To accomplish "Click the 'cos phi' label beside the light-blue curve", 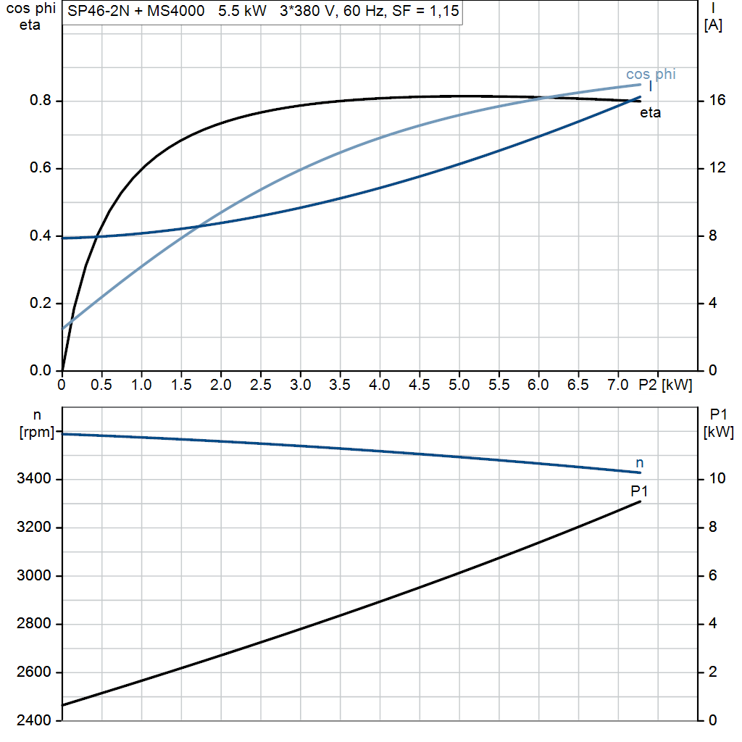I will (x=651, y=74).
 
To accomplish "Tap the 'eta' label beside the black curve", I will (x=650, y=113).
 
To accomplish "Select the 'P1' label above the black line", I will (x=639, y=491).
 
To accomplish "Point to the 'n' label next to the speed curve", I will (x=639, y=462).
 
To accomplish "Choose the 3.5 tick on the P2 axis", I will (x=340, y=384).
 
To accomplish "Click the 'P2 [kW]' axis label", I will (x=665, y=384).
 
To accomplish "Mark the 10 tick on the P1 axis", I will (x=717, y=479).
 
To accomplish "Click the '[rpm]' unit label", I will (x=37, y=433).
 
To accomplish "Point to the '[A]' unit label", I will (x=713, y=26).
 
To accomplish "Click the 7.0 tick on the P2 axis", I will (x=617, y=384).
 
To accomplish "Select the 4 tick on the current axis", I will (x=713, y=304).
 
